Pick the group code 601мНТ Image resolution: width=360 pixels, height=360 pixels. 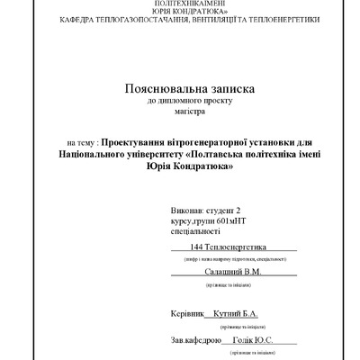click(237, 220)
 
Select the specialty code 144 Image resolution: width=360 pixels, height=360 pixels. click(198, 246)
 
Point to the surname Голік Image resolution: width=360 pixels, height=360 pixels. click(246, 342)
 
